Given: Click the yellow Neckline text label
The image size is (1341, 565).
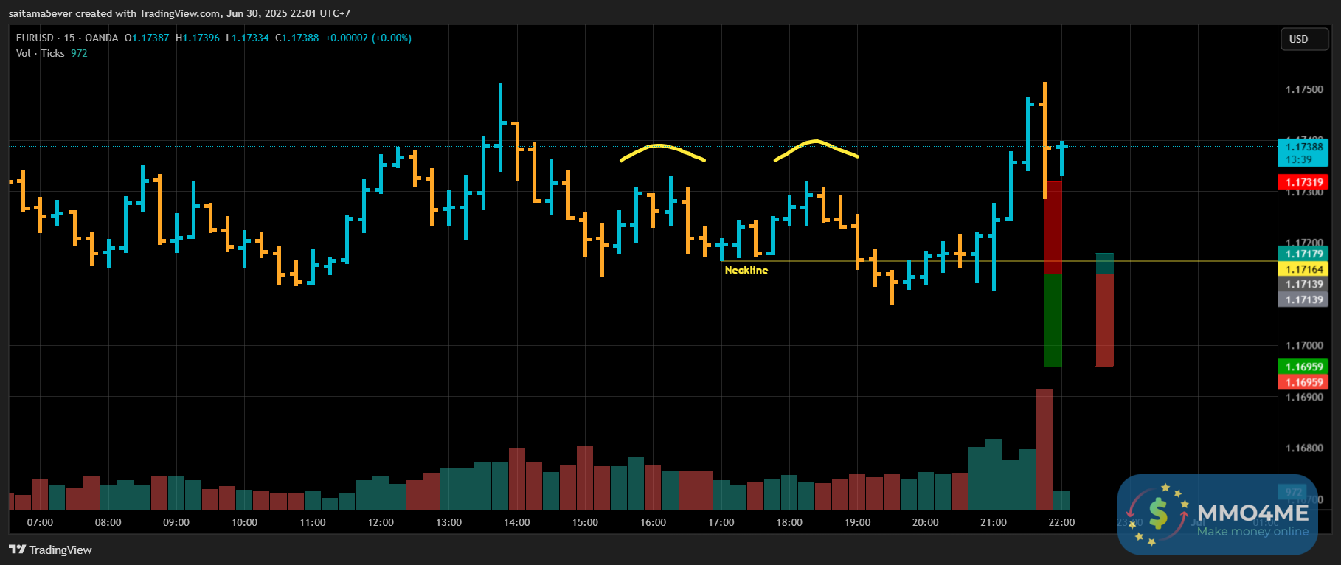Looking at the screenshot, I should [x=746, y=270].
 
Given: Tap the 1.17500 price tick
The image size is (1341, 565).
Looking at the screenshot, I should [x=1304, y=89].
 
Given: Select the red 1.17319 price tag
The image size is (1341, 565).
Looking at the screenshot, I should [x=1304, y=182].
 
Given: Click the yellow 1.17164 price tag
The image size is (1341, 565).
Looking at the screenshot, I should [x=1304, y=269].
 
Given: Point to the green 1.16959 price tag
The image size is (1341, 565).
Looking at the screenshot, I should [x=1304, y=367].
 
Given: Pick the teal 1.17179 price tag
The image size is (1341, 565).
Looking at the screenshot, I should [x=1304, y=254].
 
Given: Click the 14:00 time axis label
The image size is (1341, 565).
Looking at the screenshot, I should [x=516, y=522].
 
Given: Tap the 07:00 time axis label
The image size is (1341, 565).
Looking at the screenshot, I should [x=40, y=522].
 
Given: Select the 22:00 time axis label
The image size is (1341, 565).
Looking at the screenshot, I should [x=1061, y=522].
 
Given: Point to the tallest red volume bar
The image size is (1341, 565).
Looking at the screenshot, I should [x=1044, y=448].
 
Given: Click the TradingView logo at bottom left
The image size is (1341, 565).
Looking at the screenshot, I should [x=50, y=550].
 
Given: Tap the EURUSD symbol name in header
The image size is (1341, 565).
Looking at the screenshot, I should [x=35, y=38].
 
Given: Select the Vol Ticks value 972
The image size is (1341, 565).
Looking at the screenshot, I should [x=79, y=53].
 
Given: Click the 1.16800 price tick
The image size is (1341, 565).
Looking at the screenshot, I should [x=1304, y=448].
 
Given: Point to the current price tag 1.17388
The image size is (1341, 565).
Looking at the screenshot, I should [x=1304, y=147].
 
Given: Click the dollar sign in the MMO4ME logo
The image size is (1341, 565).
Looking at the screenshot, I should [x=1158, y=513].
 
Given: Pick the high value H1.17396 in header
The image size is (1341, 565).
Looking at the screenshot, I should [x=198, y=38].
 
